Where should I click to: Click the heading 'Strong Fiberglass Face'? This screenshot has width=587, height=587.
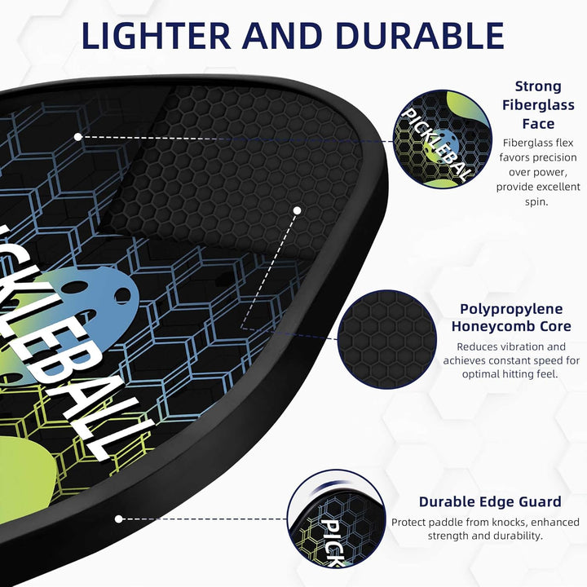point(537,104)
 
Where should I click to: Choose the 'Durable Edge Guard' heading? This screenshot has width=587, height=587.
point(490,501)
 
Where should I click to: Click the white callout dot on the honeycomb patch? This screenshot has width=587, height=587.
point(298,210)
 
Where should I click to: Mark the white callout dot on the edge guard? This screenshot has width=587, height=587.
point(119,519)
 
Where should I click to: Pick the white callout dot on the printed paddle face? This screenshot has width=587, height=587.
point(77,137)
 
